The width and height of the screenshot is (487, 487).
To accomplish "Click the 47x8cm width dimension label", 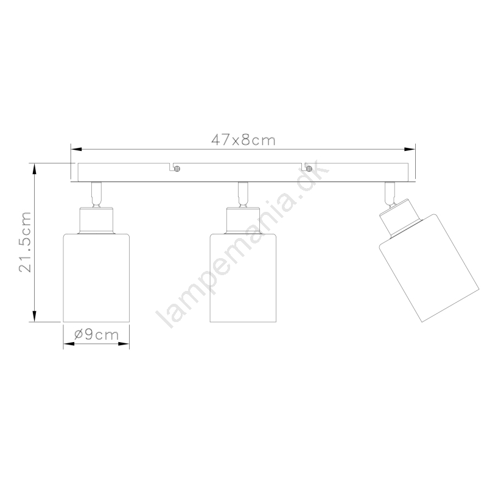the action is click(x=243, y=140).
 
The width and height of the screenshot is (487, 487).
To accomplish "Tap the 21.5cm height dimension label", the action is click(x=26, y=242).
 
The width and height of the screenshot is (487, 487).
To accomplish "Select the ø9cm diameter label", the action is click(x=97, y=334).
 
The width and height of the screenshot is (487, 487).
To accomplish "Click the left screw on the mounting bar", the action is click(x=177, y=169).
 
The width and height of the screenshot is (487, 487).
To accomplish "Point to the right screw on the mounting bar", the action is click(x=309, y=169).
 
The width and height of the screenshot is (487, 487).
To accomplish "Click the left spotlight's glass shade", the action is click(x=96, y=278).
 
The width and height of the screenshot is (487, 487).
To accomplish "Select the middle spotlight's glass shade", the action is click(x=243, y=278).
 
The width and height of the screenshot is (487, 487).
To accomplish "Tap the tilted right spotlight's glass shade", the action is click(x=429, y=268).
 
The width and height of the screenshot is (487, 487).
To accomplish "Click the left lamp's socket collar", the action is click(x=96, y=220).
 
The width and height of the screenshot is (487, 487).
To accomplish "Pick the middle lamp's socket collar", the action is click(x=243, y=220).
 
